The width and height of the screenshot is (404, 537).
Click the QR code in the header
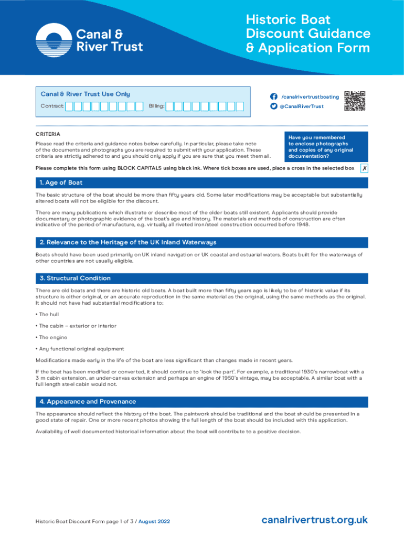(355, 101)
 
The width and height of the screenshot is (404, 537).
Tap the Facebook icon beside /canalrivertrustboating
(273, 96)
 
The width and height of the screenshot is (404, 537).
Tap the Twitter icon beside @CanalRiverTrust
(273, 106)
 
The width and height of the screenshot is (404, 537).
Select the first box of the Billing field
(177, 106)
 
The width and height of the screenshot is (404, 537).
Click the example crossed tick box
(364, 168)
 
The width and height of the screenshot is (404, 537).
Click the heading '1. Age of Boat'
(60, 182)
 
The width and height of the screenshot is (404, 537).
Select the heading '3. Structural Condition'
(75, 278)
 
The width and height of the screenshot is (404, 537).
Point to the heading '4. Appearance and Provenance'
(88, 401)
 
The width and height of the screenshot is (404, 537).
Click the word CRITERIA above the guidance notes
(48, 134)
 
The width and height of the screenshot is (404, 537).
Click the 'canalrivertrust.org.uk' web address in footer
(314, 520)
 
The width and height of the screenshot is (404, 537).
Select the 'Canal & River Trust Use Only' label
(86, 94)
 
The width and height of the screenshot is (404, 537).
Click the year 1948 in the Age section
(302, 224)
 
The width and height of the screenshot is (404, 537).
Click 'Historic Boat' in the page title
(289, 20)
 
